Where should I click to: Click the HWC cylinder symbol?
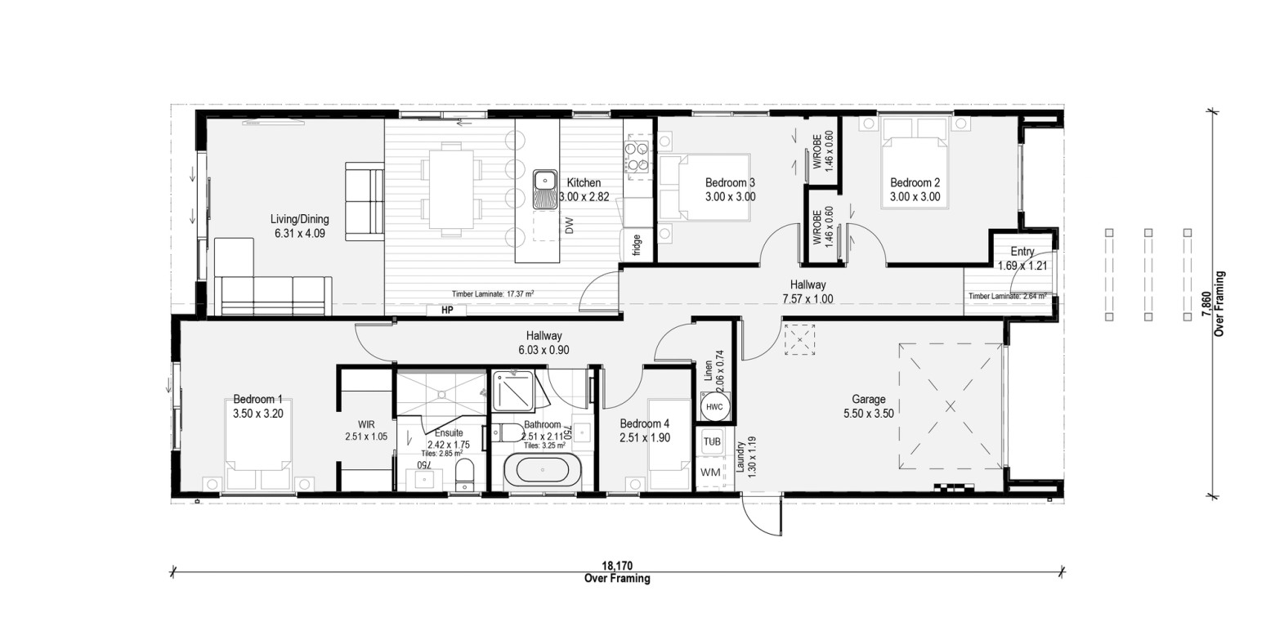pos(714,407)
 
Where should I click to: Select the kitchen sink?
pos(545,189)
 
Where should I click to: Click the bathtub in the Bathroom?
pos(542,470)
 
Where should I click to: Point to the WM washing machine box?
pos(710,472)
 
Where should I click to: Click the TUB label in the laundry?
pos(712,441)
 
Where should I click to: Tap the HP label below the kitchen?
pos(447,310)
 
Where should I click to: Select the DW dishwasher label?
pos(570,226)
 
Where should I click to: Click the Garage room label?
pos(869,400)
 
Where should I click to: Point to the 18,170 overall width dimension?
pos(617,566)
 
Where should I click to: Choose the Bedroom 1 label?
pos(257,400)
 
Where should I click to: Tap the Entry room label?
pos(1022,251)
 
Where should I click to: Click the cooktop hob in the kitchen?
pos(637,157)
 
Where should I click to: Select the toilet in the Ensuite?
pos(465,475)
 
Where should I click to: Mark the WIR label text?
pos(366,424)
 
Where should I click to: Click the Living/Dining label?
pos(299,219)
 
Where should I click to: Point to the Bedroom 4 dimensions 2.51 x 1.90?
pos(645,438)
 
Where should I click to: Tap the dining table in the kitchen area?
pos(451,189)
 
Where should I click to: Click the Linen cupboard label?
pos(708,370)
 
